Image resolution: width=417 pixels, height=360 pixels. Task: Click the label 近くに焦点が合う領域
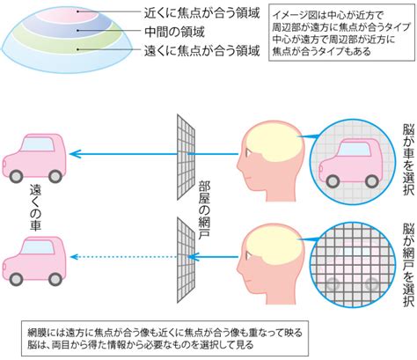[x=201, y=13]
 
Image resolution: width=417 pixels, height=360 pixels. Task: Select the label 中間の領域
[x=174, y=32]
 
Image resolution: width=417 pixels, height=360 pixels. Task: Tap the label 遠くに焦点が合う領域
[x=201, y=50]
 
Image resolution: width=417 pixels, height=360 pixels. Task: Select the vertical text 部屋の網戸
[x=204, y=210]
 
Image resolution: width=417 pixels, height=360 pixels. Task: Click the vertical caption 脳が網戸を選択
[x=408, y=265]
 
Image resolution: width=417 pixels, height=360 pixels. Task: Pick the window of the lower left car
[x=39, y=246]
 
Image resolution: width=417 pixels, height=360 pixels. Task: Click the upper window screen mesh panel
[x=186, y=157]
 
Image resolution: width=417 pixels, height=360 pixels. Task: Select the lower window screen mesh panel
[x=186, y=260]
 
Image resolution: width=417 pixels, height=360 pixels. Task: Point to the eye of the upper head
[x=248, y=152]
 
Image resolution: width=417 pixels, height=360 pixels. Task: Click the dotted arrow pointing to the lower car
[x=124, y=257]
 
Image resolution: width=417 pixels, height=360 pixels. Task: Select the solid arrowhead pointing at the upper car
[x=75, y=154]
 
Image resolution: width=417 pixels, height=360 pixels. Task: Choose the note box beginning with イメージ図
[x=342, y=33]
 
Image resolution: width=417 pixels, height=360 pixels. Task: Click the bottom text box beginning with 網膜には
[x=165, y=338]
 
